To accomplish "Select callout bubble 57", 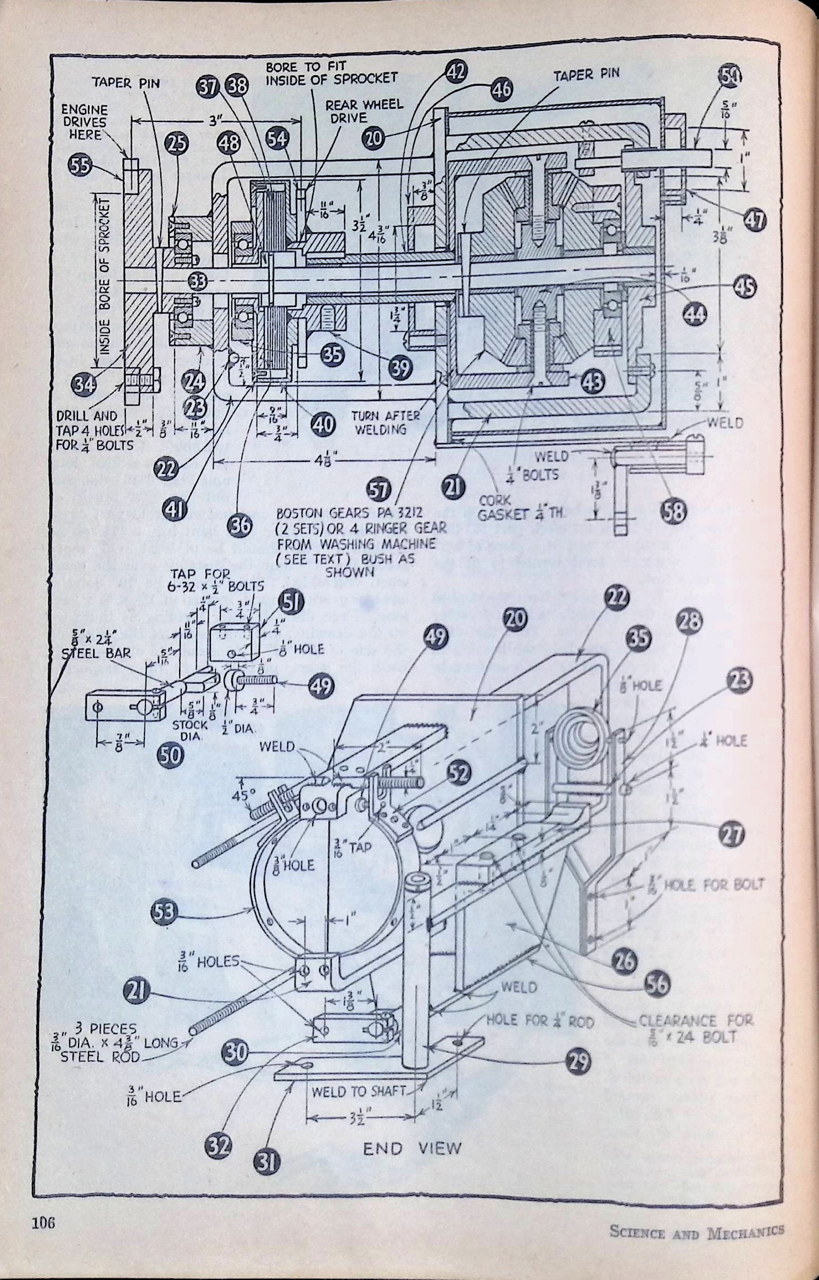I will click(x=378, y=490).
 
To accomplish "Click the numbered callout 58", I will click(x=674, y=511).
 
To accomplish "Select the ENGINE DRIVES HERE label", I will click(x=84, y=122).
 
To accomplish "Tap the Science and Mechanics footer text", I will click(x=697, y=1227).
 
